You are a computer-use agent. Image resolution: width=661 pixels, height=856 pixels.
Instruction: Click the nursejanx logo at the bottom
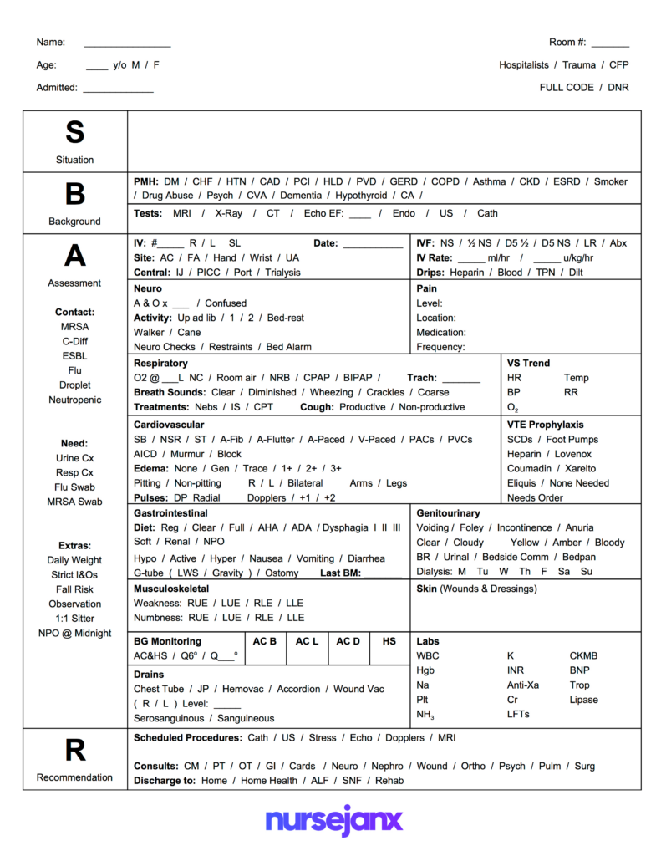point(333,820)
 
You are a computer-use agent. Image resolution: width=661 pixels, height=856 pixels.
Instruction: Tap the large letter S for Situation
point(74,132)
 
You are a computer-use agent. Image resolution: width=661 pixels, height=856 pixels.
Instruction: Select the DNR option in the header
point(618,87)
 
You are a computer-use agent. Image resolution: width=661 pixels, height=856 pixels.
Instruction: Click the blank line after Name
point(127,43)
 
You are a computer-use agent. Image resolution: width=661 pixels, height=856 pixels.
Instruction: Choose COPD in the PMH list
point(445,181)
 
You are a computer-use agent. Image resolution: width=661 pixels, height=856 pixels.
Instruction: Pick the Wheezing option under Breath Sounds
point(332,392)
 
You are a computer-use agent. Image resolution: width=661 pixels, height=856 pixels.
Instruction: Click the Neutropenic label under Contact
point(74,400)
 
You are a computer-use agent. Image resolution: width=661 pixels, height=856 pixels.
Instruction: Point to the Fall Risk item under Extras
point(74,589)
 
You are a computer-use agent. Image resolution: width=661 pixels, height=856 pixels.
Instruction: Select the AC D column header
point(348,641)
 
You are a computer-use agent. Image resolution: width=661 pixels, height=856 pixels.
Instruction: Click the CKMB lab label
point(583,656)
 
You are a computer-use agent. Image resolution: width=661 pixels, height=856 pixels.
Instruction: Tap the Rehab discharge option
point(389,780)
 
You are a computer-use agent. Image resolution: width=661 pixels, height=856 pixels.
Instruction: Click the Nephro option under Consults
point(387,766)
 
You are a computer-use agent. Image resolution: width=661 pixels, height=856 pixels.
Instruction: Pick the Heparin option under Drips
point(469,272)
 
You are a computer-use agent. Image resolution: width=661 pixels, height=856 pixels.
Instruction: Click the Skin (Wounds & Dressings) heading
point(476,588)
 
